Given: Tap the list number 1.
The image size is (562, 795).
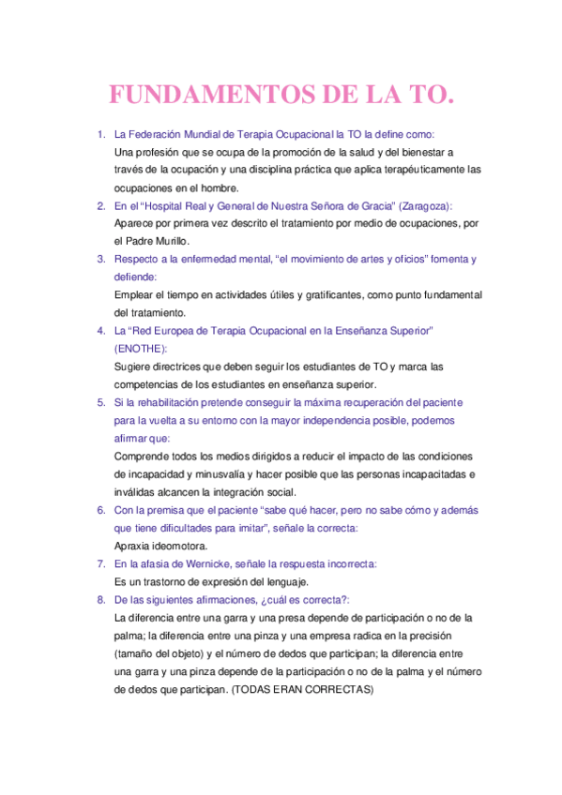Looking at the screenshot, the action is coord(101,134).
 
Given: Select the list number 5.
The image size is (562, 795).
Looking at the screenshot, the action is coord(101,402).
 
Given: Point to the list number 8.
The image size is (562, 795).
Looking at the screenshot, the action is coord(101,599).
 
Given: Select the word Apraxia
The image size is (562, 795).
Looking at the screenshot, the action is coord(133,546).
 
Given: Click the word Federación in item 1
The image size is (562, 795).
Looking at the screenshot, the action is coord(154,134).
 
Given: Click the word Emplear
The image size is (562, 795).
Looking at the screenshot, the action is coord(135,294).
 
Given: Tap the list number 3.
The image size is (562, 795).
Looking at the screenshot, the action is coord(101,259).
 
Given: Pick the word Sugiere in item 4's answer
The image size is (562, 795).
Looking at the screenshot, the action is coord(133,367).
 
